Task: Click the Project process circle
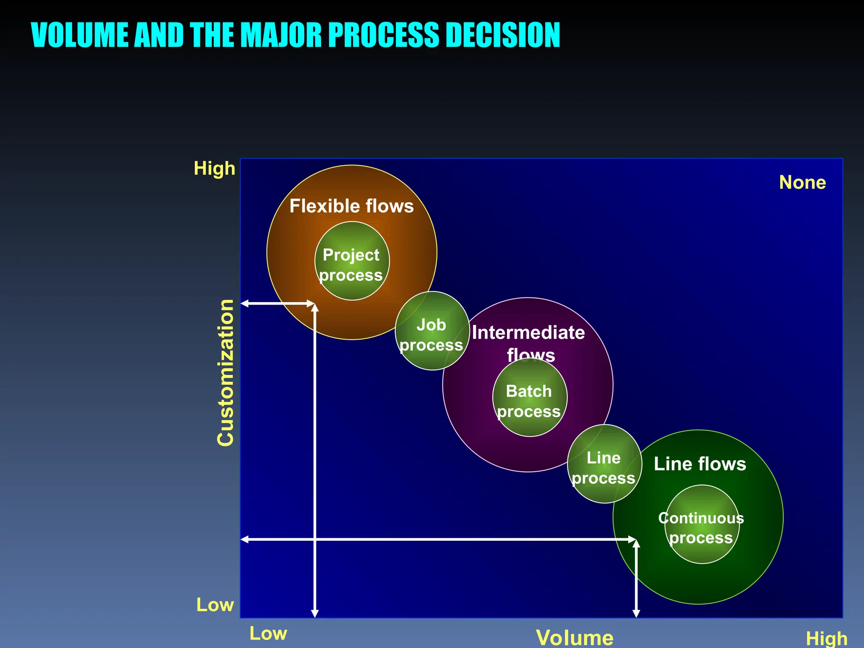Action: pos(352,261)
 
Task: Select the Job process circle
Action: pos(432,331)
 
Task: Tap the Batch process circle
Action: pos(530,397)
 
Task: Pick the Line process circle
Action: pos(604,464)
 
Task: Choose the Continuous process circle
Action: pos(702,524)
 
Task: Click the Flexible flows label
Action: pos(351,206)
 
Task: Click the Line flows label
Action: pos(700,464)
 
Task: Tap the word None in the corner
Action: pos(802,183)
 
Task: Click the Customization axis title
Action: pos(226,373)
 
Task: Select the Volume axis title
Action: pos(575,637)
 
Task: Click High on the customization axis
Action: pos(214,169)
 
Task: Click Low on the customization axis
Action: pos(215,605)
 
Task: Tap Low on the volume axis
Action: pos(268,633)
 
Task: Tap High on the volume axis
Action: pos(826,638)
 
